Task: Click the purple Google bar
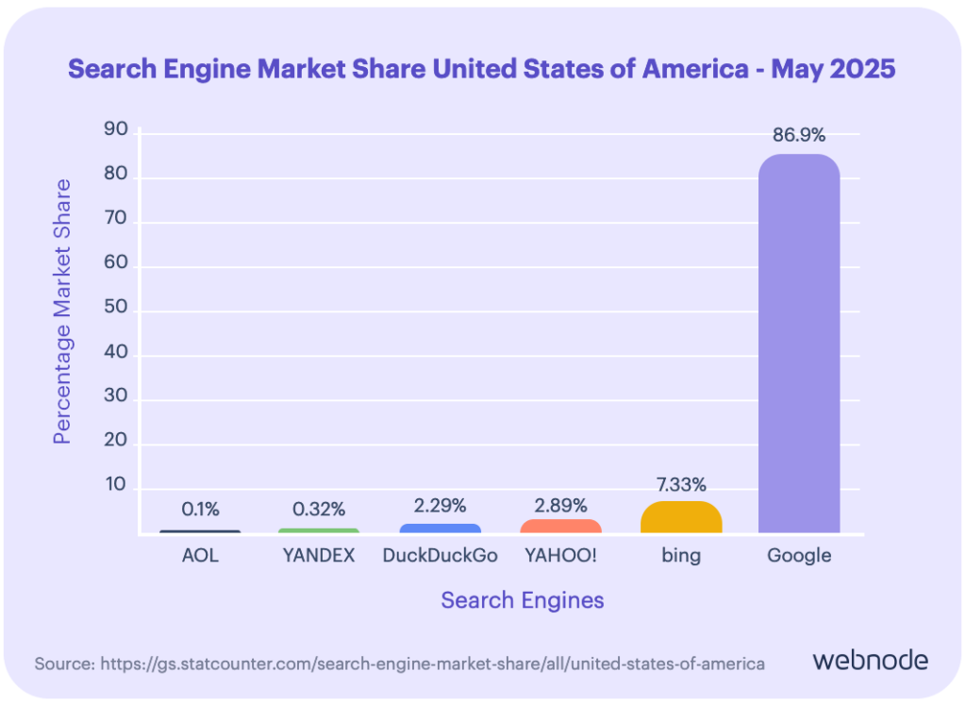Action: [x=799, y=344]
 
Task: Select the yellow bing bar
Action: [x=681, y=517]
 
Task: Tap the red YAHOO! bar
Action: [x=561, y=526]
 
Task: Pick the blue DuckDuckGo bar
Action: [x=440, y=529]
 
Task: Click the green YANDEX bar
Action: [x=319, y=530]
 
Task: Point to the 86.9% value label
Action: [x=799, y=136]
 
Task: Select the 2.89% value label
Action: [x=561, y=505]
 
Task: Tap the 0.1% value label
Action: [x=200, y=510]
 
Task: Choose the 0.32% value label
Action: [x=319, y=510]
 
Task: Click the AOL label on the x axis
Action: [x=200, y=555]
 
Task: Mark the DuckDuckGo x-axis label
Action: [x=440, y=555]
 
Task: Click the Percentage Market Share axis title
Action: [x=62, y=311]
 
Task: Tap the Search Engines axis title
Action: [x=523, y=600]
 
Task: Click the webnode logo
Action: [x=870, y=660]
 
